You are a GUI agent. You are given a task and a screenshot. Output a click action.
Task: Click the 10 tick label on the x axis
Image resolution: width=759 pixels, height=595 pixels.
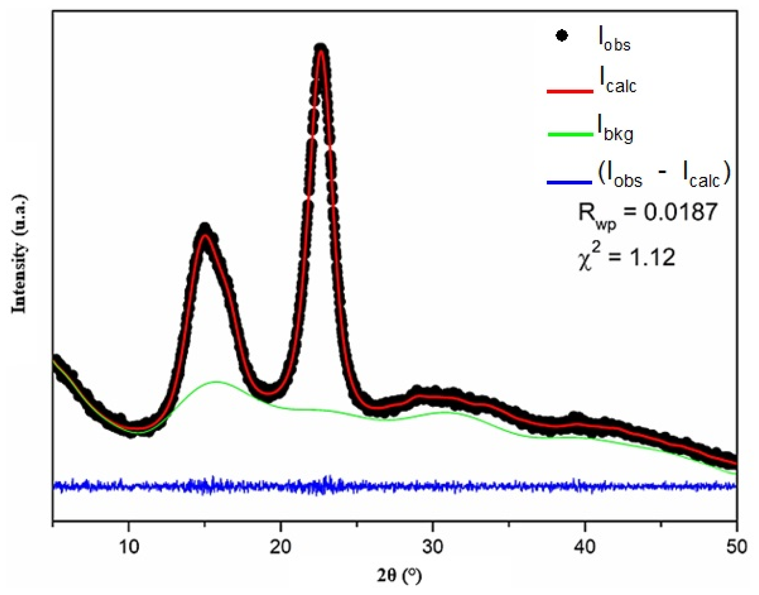[129, 548]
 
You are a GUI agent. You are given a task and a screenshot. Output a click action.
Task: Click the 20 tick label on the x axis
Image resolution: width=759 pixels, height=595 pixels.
[281, 548]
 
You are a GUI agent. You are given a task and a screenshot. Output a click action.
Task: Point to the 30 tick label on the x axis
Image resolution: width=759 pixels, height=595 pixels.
[433, 548]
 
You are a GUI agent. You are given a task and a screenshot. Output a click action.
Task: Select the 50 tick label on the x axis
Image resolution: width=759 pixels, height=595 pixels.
[736, 548]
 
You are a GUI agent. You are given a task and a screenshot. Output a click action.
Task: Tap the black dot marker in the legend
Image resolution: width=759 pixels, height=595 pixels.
[562, 36]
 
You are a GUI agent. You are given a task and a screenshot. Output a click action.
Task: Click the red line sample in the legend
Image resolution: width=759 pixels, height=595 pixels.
[570, 91]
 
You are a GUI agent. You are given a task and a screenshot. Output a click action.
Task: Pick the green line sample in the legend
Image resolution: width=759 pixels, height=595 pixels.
[570, 135]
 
